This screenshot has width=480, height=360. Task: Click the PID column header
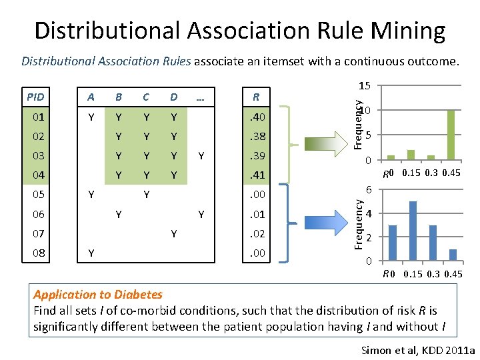(x=39, y=97)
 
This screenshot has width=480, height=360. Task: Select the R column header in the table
(x=255, y=97)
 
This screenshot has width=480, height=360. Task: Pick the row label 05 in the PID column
(x=39, y=195)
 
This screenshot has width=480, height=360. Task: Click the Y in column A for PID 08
(x=92, y=253)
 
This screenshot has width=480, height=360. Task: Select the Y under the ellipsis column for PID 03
(x=200, y=156)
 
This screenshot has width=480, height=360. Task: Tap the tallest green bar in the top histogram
(x=451, y=135)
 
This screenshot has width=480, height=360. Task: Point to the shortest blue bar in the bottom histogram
(x=453, y=255)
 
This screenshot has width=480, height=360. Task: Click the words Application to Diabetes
(x=98, y=295)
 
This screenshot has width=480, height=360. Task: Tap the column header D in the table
(x=173, y=97)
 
